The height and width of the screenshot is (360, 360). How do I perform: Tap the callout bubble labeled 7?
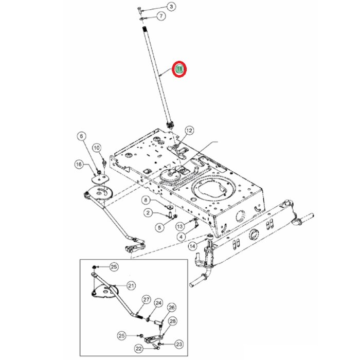tap(160, 16)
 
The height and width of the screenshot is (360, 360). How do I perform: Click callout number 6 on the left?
tap(81, 136)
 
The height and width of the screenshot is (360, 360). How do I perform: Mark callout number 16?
tap(79, 164)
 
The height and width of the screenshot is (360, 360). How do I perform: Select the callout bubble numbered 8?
tap(146, 200)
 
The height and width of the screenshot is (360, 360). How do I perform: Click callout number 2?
tap(147, 212)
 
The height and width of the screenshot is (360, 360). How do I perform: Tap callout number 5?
tap(159, 226)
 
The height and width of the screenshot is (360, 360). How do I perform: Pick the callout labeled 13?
tap(179, 226)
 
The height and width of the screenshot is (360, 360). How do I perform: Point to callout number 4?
tap(181, 237)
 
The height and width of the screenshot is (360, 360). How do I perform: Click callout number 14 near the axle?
tap(192, 246)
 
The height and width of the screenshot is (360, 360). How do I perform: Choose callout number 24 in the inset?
tap(158, 303)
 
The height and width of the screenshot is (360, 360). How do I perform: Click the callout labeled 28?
tap(172, 321)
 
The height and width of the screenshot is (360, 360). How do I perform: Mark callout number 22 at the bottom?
tap(138, 348)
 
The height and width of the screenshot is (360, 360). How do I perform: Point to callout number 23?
tap(179, 344)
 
